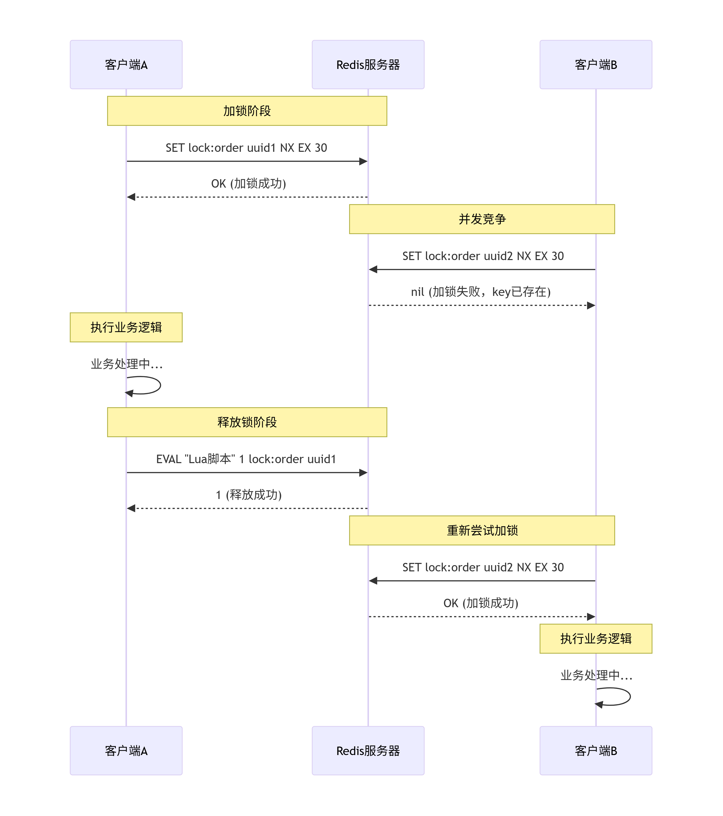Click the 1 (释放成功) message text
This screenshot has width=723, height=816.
(x=248, y=495)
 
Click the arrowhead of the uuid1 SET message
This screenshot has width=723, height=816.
(x=363, y=161)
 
